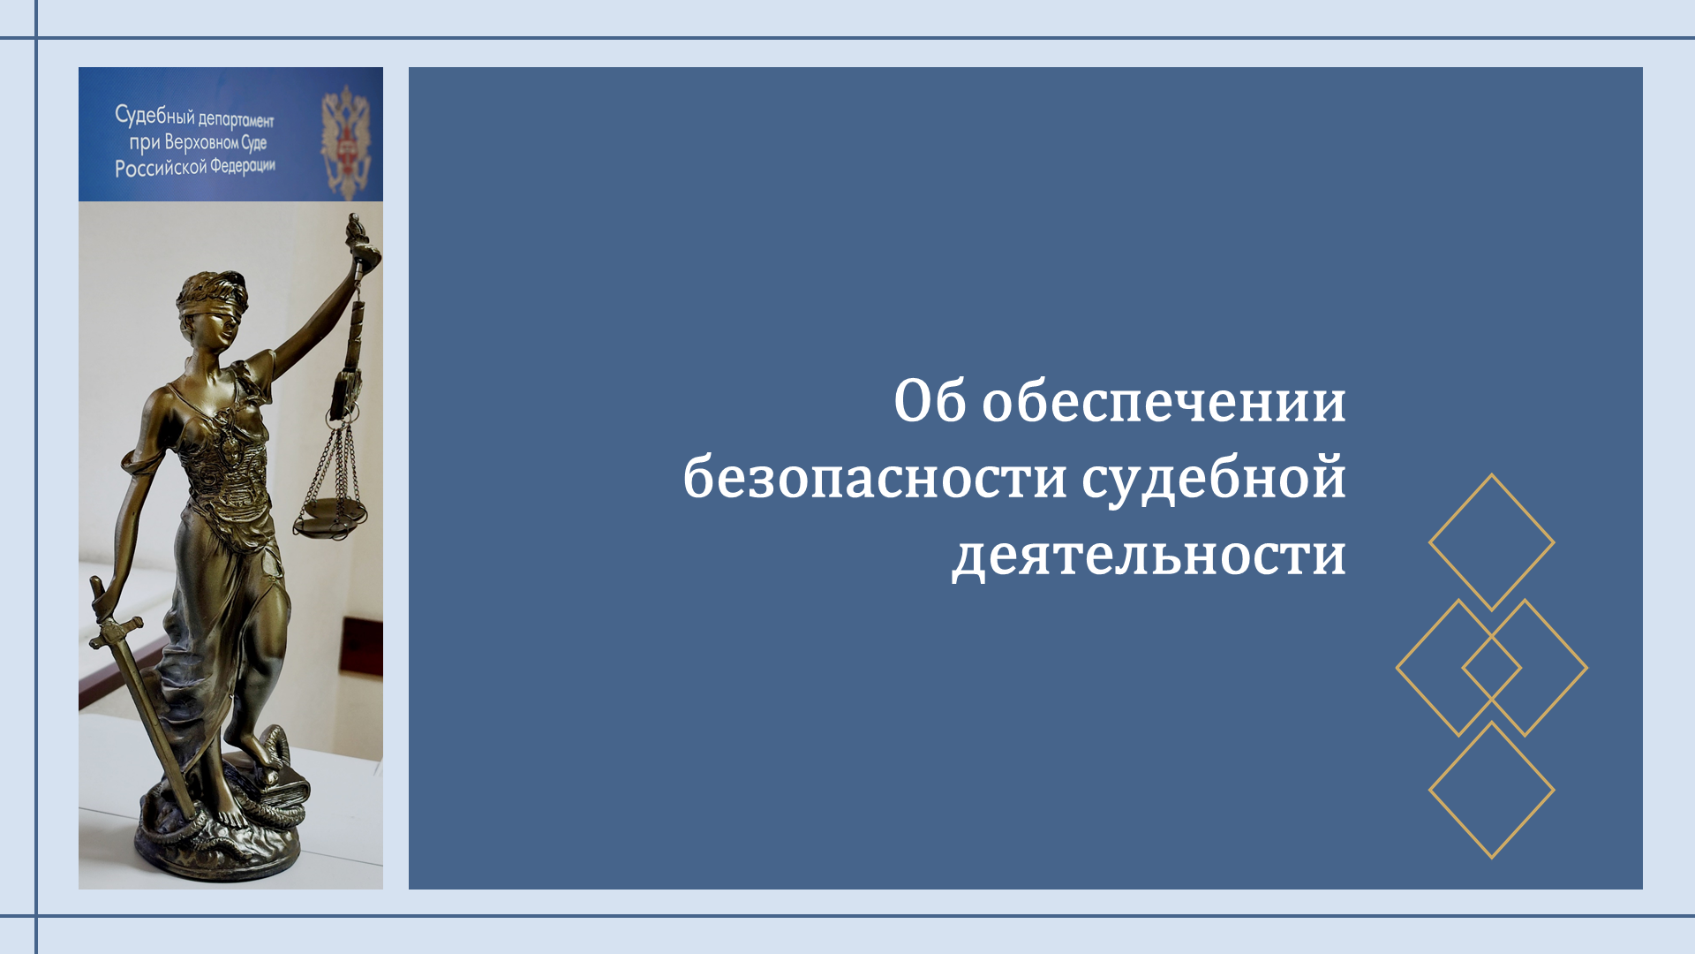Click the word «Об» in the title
pyautogui.click(x=930, y=401)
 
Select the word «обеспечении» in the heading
pyautogui.click(x=1164, y=403)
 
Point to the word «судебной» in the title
pyautogui.click(x=1215, y=480)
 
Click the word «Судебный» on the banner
pyautogui.click(x=154, y=116)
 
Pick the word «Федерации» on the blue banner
pyautogui.click(x=243, y=166)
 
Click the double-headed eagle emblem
pyautogui.click(x=345, y=140)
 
